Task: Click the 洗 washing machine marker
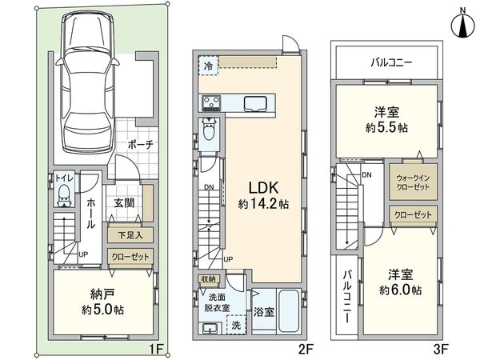[x=235, y=326]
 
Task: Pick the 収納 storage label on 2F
[x=207, y=279]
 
